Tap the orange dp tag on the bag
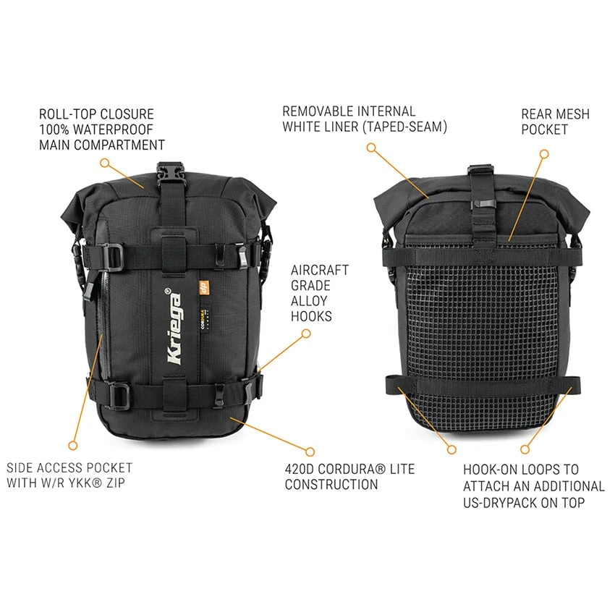click(x=204, y=288)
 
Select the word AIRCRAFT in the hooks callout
click(x=320, y=270)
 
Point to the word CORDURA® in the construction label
click(x=352, y=469)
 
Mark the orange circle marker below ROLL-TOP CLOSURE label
click(x=104, y=162)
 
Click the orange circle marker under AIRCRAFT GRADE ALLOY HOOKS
click(x=306, y=334)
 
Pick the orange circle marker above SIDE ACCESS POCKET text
click(x=73, y=446)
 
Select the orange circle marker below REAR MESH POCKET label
click(x=544, y=154)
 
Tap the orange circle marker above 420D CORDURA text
click(x=310, y=451)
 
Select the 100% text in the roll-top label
click(x=54, y=130)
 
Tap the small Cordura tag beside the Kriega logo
click(x=204, y=314)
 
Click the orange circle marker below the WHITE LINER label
click(x=371, y=148)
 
